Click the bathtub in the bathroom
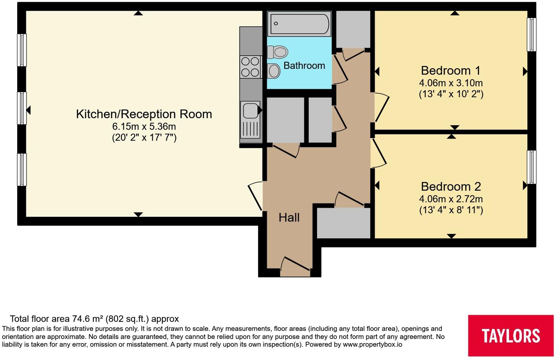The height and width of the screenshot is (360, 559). pyautogui.click(x=299, y=24)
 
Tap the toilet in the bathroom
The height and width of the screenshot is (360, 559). pyautogui.click(x=277, y=52)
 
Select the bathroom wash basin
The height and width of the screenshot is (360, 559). pyautogui.click(x=273, y=71)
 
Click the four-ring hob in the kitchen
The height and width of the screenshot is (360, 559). pyautogui.click(x=250, y=67)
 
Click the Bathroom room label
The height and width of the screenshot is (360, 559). pyautogui.click(x=304, y=66)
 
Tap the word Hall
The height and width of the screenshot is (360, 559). pyautogui.click(x=289, y=218)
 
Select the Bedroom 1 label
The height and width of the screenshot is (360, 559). pyautogui.click(x=451, y=71)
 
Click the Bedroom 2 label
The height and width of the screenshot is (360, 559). pyautogui.click(x=451, y=187)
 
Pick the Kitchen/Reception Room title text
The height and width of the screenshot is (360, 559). pyautogui.click(x=144, y=114)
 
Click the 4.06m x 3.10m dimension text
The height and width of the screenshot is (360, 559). pyautogui.click(x=451, y=83)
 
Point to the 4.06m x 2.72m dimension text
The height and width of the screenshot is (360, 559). pyautogui.click(x=451, y=199)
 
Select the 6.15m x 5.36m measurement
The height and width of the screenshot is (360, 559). pyautogui.click(x=144, y=127)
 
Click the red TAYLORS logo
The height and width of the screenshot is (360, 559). pyautogui.click(x=511, y=335)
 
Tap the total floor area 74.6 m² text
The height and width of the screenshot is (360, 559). pyautogui.click(x=94, y=319)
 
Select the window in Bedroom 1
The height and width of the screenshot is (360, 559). pyautogui.click(x=532, y=35)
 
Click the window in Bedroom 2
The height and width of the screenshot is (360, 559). pyautogui.click(x=532, y=167)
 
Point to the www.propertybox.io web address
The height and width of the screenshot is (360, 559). pyautogui.click(x=372, y=345)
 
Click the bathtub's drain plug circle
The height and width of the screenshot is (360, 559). pyautogui.click(x=276, y=24)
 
